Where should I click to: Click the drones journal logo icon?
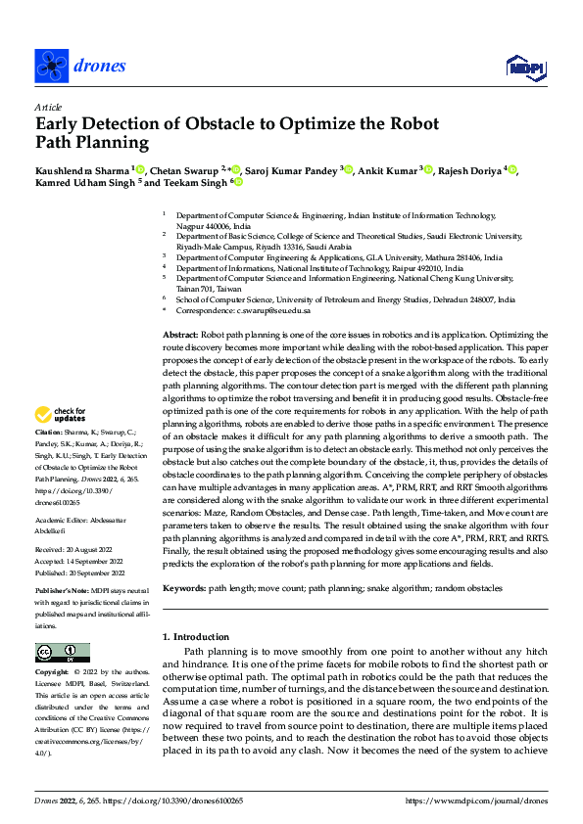click(x=51, y=66)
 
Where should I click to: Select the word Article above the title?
click(x=47, y=107)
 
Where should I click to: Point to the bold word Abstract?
click(x=180, y=335)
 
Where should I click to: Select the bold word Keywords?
click(x=183, y=588)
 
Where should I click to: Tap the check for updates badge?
click(x=61, y=415)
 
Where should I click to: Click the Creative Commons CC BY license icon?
click(x=62, y=653)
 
